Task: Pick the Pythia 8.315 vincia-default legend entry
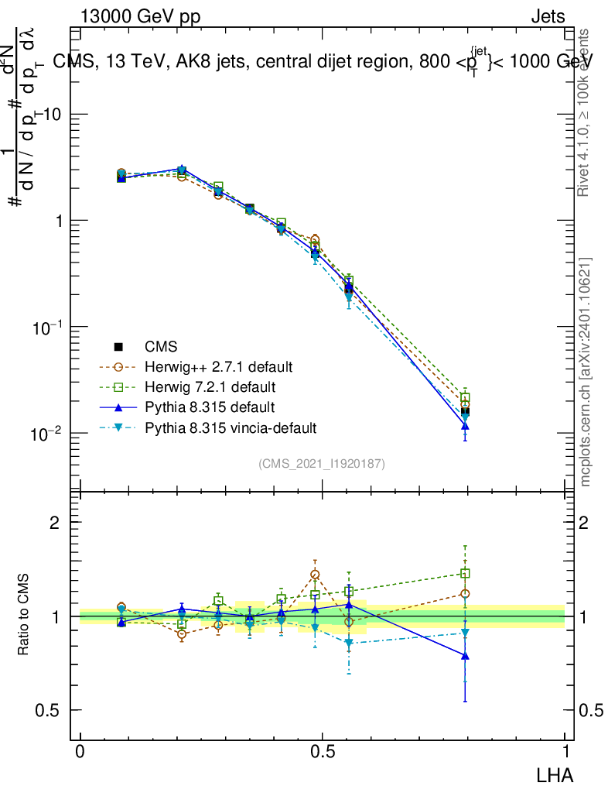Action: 231,427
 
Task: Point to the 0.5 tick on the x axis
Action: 322,751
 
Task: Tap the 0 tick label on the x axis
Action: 80,751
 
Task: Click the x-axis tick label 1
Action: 565,751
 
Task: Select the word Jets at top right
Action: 548,17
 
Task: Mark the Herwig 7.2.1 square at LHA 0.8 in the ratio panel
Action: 465,574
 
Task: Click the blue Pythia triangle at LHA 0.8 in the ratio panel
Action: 465,656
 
